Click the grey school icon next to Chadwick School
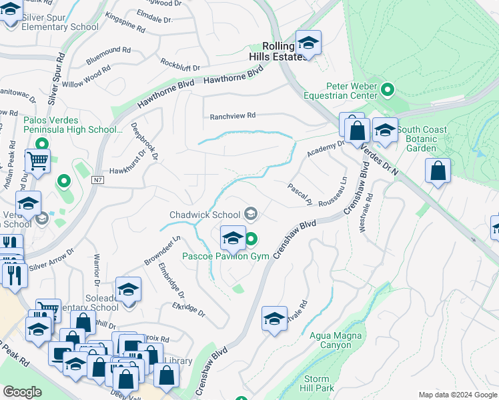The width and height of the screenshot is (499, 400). coord(251,213)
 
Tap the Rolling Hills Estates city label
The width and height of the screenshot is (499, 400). coord(278,51)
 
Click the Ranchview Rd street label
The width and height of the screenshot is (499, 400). coord(233,116)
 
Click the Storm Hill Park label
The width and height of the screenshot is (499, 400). coord(314,383)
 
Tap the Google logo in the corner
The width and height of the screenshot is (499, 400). coord(23,392)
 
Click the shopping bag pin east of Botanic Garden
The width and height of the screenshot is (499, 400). coord(437,171)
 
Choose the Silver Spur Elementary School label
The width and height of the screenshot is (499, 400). coord(59,22)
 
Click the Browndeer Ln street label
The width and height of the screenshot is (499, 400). coord(163,249)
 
